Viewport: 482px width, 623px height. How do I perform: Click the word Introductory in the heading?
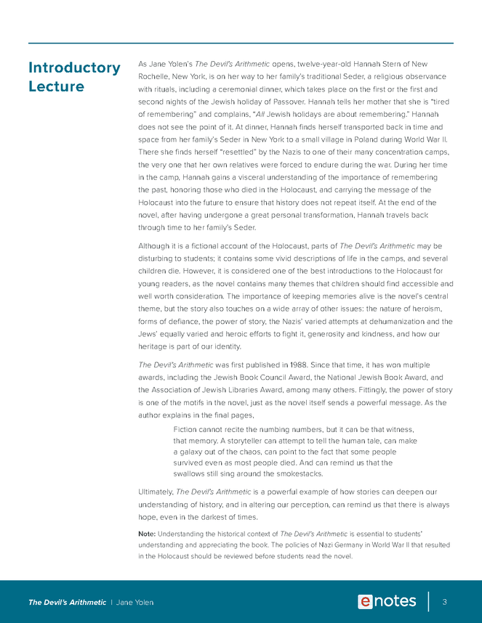tap(74, 68)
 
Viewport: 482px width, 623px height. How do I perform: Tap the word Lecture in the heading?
tap(56, 87)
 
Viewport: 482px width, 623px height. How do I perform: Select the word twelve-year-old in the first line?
tap(321, 63)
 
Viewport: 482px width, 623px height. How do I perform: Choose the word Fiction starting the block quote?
tap(187, 430)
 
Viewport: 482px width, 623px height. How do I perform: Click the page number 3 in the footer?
tap(444, 601)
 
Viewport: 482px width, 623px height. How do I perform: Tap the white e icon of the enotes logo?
tap(366, 601)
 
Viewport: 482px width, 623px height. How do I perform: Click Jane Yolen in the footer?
tap(135, 602)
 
